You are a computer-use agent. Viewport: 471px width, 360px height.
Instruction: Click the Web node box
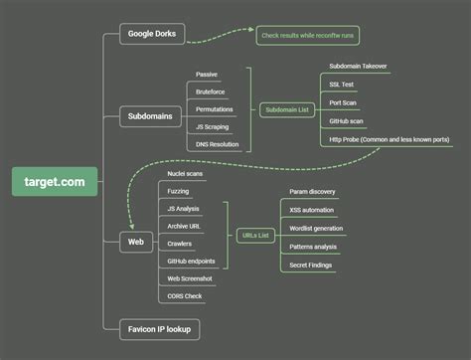[x=136, y=241]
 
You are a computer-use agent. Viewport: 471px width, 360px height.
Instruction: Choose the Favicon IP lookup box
[x=159, y=327]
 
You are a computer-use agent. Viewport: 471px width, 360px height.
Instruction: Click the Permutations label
[x=216, y=108]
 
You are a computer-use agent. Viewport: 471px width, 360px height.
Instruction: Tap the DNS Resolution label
[x=218, y=144]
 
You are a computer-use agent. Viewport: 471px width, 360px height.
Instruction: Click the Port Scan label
[x=343, y=102]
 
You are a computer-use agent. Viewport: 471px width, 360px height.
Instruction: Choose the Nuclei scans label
[x=186, y=173]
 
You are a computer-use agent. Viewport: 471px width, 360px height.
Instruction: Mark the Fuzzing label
[x=179, y=191]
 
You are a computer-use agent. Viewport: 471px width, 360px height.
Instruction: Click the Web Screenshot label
[x=189, y=278]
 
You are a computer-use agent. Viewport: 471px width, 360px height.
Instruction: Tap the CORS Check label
[x=186, y=295]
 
